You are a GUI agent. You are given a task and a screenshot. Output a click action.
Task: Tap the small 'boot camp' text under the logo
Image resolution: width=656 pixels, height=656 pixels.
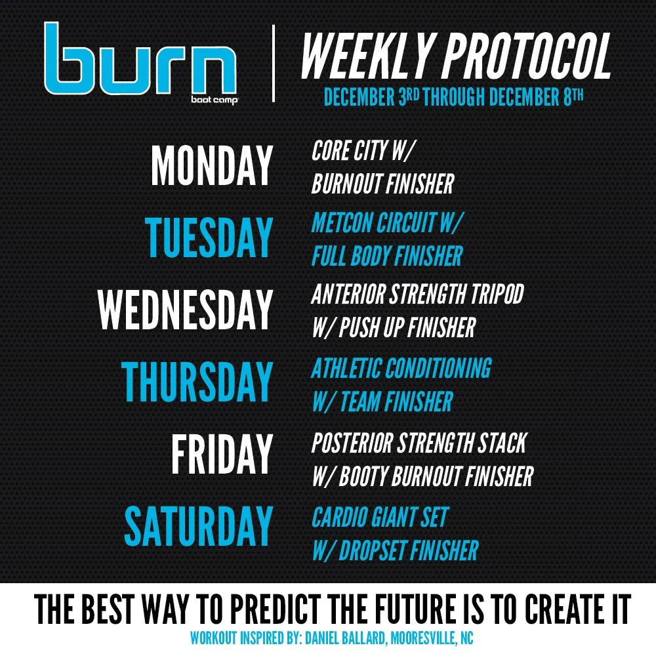pos(215,100)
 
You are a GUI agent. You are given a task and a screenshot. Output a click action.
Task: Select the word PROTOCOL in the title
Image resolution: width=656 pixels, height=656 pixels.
pos(527,56)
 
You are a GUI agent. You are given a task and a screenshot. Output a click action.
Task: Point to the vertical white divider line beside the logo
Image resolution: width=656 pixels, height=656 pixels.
pos(273,63)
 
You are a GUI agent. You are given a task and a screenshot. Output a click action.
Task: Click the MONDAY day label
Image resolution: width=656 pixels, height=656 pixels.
pos(212,166)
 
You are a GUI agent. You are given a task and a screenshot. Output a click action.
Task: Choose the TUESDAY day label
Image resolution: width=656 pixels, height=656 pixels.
pos(209,237)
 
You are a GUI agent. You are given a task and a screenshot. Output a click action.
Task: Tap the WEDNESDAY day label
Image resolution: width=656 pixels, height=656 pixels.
pos(186,310)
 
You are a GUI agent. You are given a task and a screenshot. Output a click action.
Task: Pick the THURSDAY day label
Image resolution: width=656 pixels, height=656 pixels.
pos(197,382)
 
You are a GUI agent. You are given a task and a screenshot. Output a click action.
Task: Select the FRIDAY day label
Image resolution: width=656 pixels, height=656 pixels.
pos(222,454)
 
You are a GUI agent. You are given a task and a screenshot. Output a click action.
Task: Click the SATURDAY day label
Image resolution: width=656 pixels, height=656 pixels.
pos(199,526)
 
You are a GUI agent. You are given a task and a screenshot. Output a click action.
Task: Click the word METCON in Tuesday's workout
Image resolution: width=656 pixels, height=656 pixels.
pos(342,222)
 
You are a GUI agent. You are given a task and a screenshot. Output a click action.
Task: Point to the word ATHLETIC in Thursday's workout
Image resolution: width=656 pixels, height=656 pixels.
pos(346,368)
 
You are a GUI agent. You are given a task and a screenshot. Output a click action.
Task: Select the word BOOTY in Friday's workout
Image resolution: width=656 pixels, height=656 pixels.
pos(363,476)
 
